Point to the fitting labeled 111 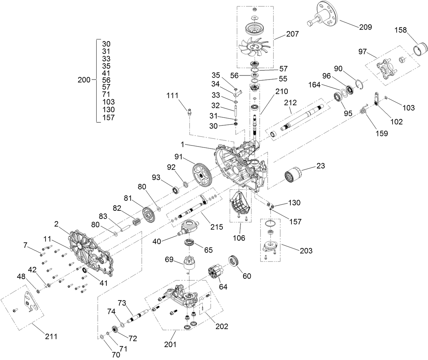coord(189,111)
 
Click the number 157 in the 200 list coord(108,117)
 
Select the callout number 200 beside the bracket coord(84,80)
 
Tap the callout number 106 coord(239,238)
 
